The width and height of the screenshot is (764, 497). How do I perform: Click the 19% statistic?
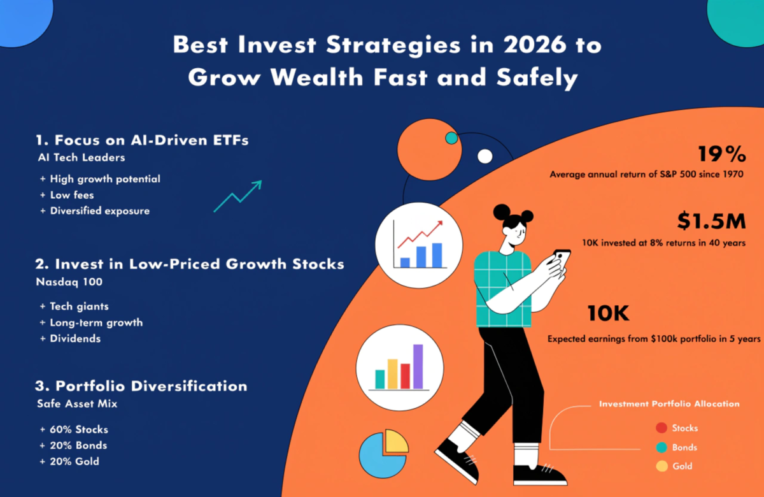coord(721,154)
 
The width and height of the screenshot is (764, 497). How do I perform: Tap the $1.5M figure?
coord(710,221)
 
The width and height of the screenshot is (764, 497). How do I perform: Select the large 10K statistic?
coord(607,313)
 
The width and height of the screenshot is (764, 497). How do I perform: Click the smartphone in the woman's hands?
coord(562,258)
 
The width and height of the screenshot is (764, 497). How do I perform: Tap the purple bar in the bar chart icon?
coord(418,366)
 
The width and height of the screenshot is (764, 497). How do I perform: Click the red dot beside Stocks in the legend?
coord(661,428)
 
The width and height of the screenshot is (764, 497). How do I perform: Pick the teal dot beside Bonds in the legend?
coord(661,447)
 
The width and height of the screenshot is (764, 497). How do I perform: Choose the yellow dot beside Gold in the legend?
coord(661,466)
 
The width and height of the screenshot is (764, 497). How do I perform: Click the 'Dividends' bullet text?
coord(75,338)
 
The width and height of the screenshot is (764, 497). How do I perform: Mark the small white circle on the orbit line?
coord(485,156)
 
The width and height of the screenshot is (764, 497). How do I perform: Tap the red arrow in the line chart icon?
coord(420,234)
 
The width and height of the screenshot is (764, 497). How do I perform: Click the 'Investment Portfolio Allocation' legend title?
coord(669,404)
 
